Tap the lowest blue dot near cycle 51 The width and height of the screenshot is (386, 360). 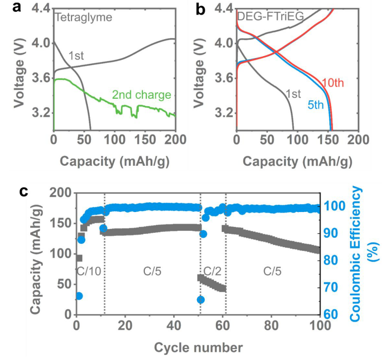pos(201,299)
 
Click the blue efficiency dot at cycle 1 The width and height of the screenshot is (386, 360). pos(78,296)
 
